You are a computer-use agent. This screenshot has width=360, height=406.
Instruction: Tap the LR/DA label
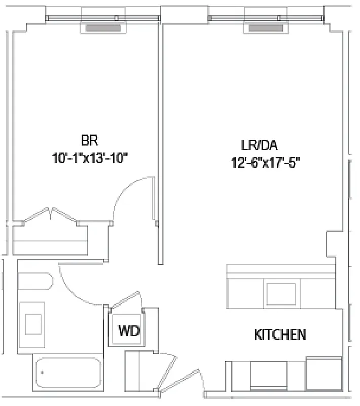click(x=260, y=145)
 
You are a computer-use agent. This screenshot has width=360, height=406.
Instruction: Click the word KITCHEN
click(x=279, y=335)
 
